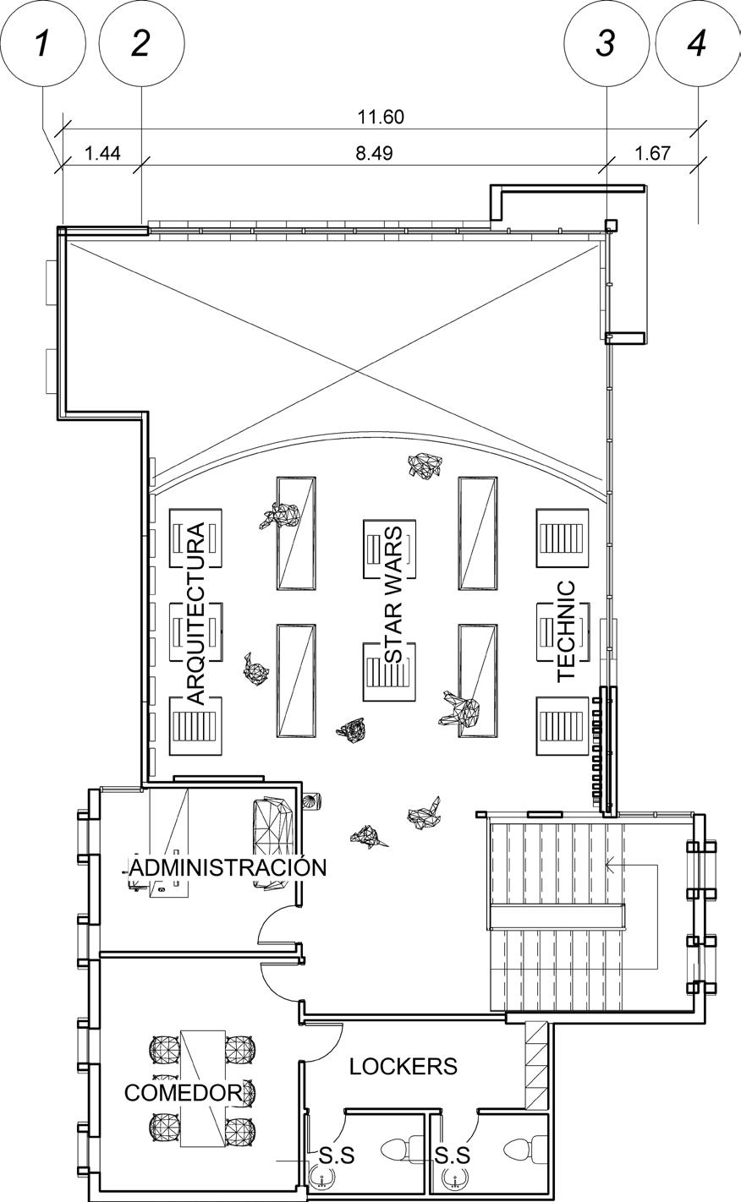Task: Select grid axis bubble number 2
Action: tap(141, 41)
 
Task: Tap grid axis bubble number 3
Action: tap(606, 41)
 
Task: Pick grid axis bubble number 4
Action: tap(697, 41)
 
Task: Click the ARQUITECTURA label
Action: tap(195, 614)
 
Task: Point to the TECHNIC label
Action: tap(566, 631)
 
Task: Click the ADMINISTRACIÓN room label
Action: tap(228, 867)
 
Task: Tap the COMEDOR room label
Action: tap(183, 1092)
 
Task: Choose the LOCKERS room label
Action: tap(403, 1067)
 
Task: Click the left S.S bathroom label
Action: tap(336, 1155)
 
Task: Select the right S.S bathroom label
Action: tap(453, 1155)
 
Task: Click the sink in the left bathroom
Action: tap(321, 1176)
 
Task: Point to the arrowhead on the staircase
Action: tap(609, 865)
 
